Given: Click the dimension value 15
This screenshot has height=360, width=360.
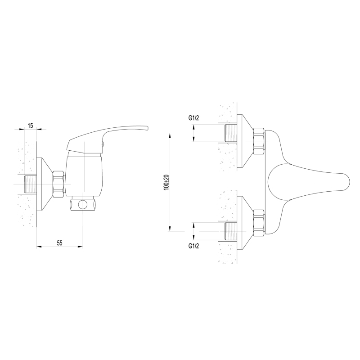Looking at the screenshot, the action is (x=30, y=126).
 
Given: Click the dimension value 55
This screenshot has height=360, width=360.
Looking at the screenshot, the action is (x=60, y=243).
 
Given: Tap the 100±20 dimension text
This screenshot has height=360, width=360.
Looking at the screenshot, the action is (x=166, y=182).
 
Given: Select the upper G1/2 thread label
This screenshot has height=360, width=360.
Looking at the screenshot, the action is (x=193, y=118).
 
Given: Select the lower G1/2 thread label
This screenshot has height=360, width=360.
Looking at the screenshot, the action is (x=193, y=246).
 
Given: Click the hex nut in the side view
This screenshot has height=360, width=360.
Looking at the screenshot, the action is (x=58, y=184).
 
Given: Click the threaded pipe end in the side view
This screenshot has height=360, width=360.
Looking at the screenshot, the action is (x=30, y=184).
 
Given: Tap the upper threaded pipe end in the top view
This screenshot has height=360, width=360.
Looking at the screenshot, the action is (x=230, y=133).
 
